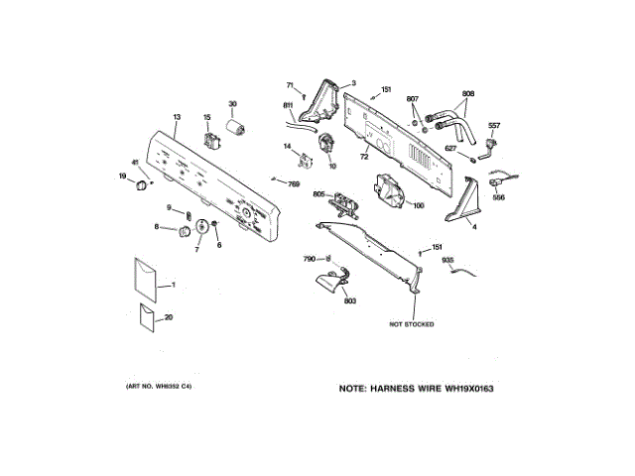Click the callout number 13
(176, 117)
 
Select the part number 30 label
(233, 103)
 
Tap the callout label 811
(288, 105)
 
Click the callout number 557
(494, 125)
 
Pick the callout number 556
(499, 197)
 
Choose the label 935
(447, 259)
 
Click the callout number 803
(350, 299)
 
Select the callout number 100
(418, 205)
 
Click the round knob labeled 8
(184, 232)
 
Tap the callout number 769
(294, 183)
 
